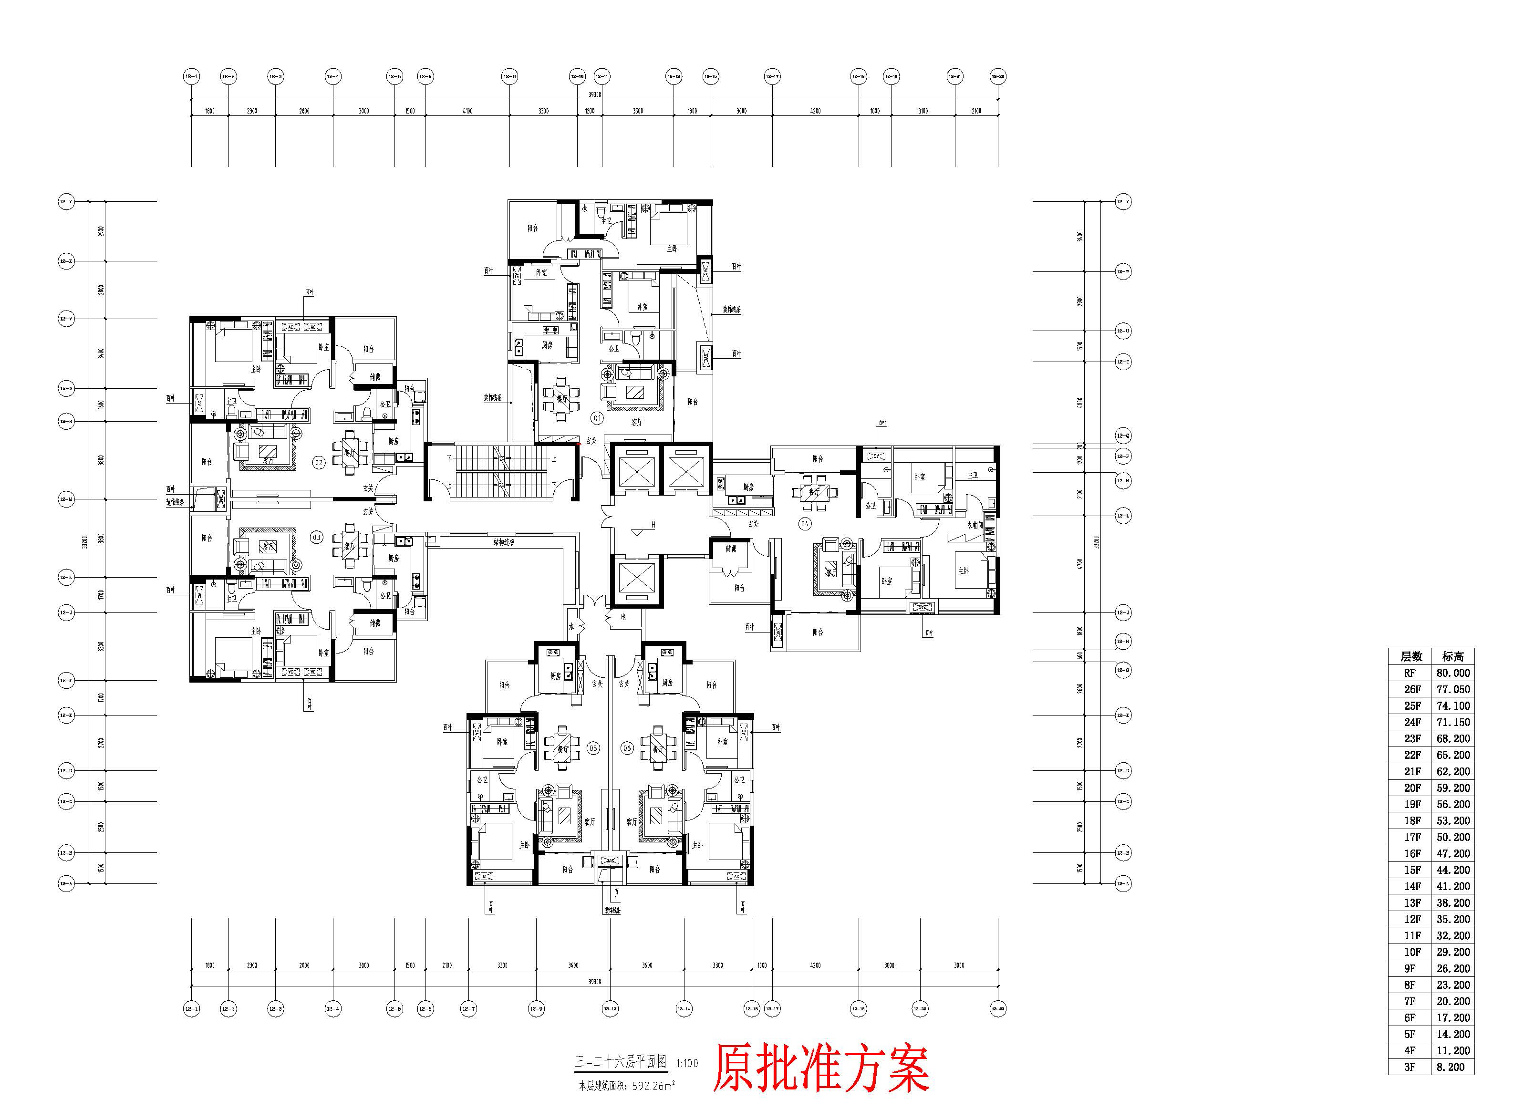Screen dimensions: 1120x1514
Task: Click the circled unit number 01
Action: click(x=597, y=418)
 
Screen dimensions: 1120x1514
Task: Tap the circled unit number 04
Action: click(x=805, y=523)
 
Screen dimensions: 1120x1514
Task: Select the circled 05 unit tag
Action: click(x=593, y=748)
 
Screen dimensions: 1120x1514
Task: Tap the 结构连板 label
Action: click(x=504, y=542)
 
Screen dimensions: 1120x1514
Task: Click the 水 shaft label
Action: click(x=571, y=627)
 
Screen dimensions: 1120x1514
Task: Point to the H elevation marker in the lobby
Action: click(x=653, y=524)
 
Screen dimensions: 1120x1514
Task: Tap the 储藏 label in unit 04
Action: click(x=731, y=549)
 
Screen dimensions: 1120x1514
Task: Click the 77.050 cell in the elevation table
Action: click(x=1453, y=689)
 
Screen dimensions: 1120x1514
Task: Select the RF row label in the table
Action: click(x=1410, y=673)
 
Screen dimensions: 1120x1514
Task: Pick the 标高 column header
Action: click(x=1453, y=656)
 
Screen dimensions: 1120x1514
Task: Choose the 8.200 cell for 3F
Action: click(x=1451, y=1067)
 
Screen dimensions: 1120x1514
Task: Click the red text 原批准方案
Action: click(x=820, y=1069)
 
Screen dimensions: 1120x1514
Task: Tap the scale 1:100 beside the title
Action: click(x=687, y=1063)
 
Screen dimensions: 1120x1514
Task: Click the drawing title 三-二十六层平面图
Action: click(x=621, y=1062)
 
